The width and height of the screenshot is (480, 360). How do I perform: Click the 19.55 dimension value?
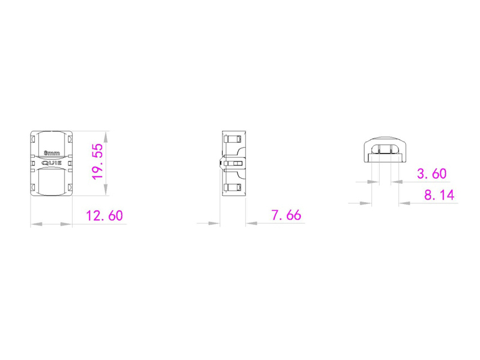click(x=98, y=161)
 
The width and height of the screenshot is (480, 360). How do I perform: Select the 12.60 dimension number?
click(x=104, y=215)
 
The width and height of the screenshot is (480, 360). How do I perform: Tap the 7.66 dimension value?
click(x=286, y=215)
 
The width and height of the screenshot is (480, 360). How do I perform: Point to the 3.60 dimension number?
click(x=431, y=173)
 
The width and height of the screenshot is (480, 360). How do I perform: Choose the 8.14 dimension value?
click(x=439, y=195)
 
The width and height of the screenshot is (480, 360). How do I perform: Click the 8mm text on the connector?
click(x=52, y=153)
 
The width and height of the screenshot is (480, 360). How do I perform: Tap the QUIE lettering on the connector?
click(x=52, y=163)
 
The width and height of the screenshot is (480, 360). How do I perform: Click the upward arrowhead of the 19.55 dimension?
click(x=106, y=137)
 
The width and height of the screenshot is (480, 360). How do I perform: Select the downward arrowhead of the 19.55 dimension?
click(x=106, y=190)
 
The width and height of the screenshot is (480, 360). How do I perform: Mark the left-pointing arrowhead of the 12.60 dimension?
click(x=37, y=224)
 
